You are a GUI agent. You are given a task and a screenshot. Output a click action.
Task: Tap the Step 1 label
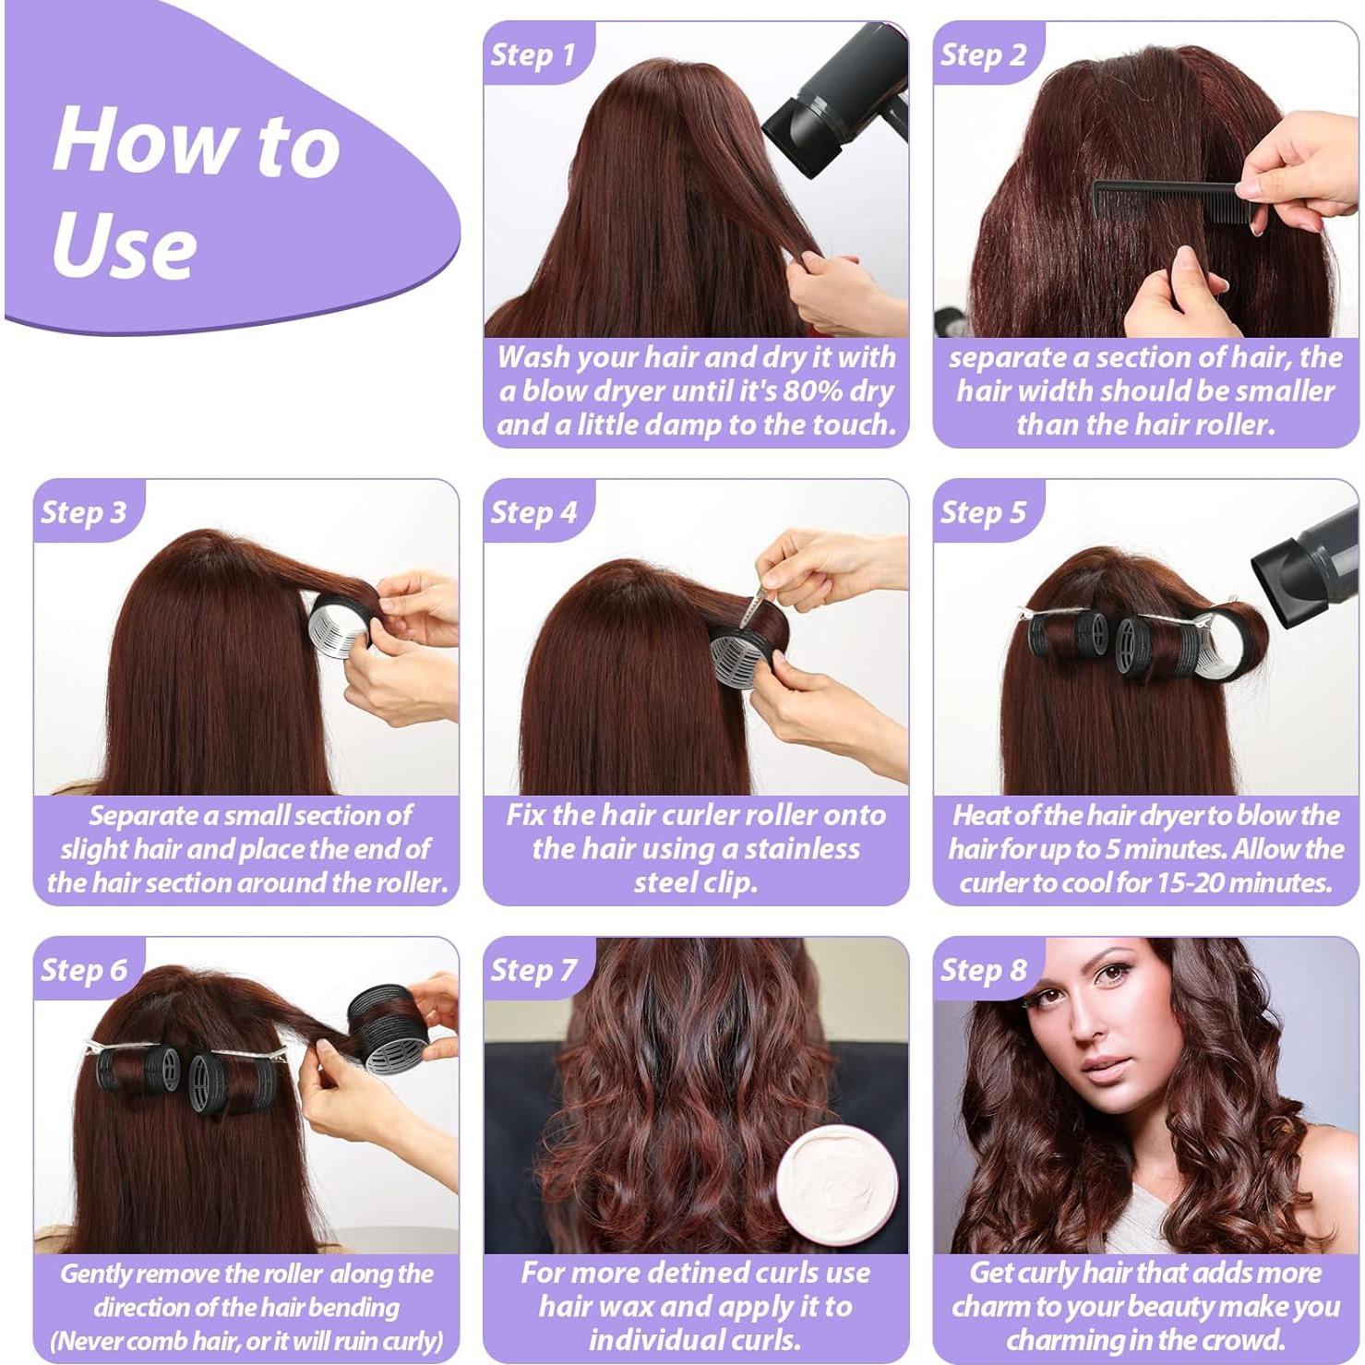tap(533, 54)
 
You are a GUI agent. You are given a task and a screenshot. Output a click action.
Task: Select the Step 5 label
tap(983, 512)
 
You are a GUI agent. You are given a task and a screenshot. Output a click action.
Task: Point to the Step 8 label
tap(983, 970)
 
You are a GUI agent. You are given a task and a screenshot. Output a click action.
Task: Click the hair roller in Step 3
tap(341, 628)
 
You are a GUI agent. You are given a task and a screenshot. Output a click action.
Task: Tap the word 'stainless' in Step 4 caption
tap(802, 849)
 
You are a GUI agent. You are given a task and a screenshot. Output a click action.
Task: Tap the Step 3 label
tap(83, 512)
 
